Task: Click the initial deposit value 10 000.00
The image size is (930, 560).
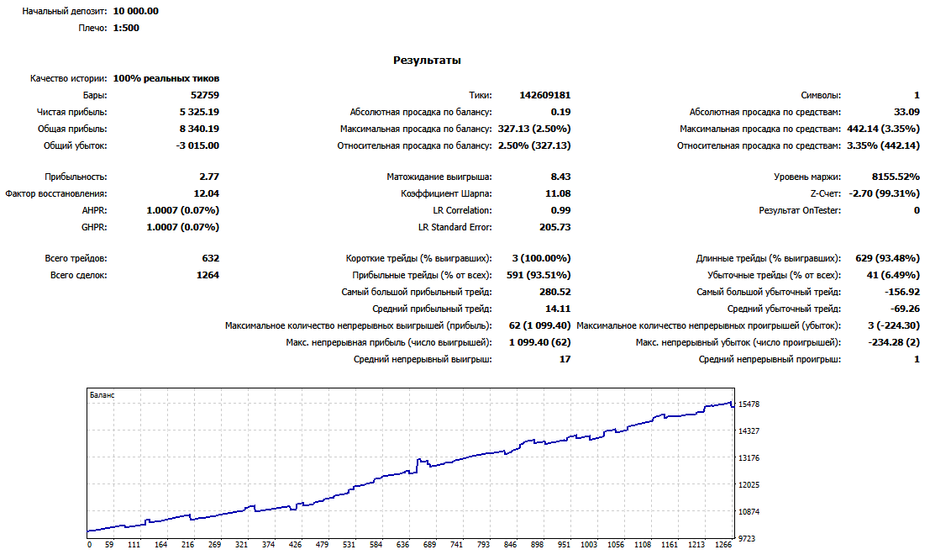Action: [136, 11]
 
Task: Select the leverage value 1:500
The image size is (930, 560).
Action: [126, 28]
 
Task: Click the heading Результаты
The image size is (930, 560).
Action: [427, 61]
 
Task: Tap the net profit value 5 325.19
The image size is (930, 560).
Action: [199, 112]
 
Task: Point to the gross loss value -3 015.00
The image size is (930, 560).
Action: [197, 145]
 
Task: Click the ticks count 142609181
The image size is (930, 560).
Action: [545, 95]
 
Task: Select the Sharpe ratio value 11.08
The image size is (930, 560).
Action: [558, 193]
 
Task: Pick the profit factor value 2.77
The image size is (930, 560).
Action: [209, 177]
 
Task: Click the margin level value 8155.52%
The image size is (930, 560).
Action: [896, 177]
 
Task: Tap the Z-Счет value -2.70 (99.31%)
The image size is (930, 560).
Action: [885, 193]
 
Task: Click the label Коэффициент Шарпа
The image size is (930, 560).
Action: [446, 193]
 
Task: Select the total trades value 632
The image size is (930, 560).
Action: [211, 258]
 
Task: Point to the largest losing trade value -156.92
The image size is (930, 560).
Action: [901, 292]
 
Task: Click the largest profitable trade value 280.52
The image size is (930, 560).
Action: [555, 292]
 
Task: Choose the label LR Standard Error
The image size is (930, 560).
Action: [454, 227]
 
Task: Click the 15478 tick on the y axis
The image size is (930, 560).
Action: [749, 404]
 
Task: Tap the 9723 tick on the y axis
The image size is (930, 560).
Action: [746, 539]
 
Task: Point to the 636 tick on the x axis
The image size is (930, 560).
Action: [402, 545]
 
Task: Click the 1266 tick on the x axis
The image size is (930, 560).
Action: [723, 545]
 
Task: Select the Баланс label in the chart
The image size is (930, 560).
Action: [102, 395]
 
